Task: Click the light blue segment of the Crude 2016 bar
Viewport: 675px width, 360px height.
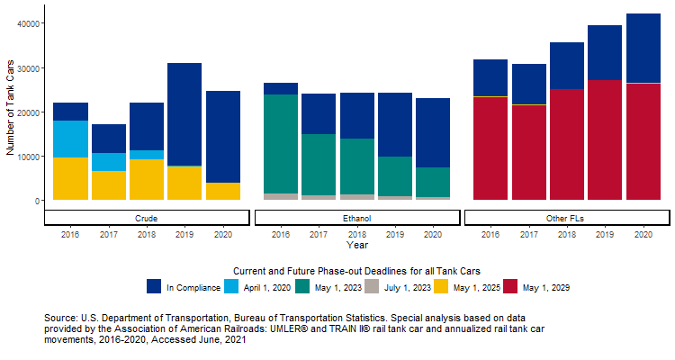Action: coord(70,139)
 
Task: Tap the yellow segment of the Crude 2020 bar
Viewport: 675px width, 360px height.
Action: coord(222,191)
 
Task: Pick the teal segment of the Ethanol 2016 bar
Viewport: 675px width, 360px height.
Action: coord(280,143)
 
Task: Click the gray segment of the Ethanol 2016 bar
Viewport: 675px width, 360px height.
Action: coord(280,196)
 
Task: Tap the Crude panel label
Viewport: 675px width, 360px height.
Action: coord(146,218)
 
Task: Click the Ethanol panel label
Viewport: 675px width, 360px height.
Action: coord(356,218)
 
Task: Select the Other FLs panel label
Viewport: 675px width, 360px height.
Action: coord(566,218)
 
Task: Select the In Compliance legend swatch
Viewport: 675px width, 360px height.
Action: coord(154,287)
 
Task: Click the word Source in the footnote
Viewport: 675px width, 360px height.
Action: coord(60,319)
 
